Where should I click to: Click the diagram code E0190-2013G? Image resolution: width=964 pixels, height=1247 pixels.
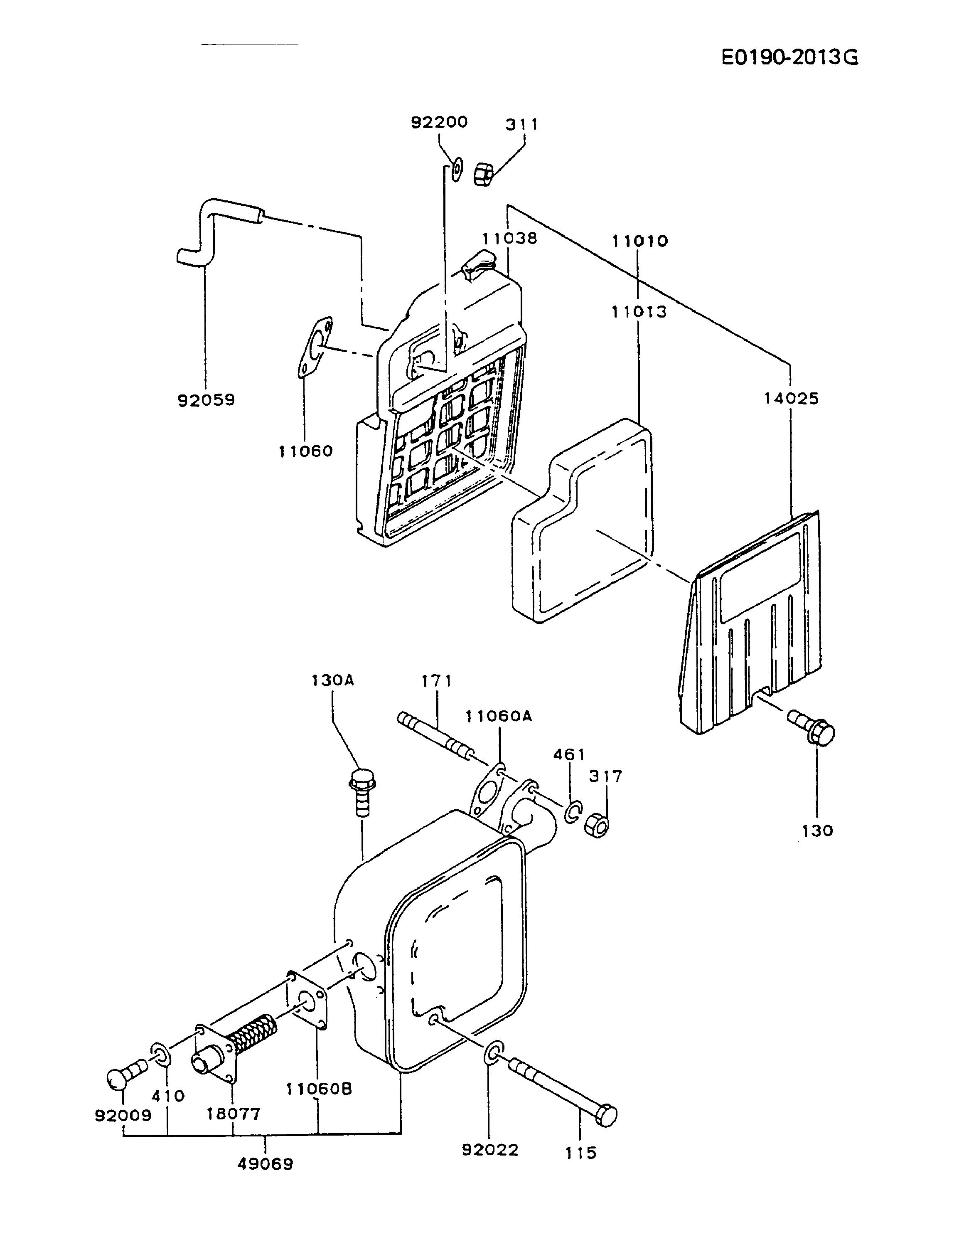[789, 58]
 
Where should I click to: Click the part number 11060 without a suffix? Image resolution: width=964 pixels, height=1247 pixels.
[305, 451]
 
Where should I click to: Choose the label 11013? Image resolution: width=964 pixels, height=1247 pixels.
[639, 312]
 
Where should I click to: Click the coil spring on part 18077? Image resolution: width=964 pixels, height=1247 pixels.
[253, 1033]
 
